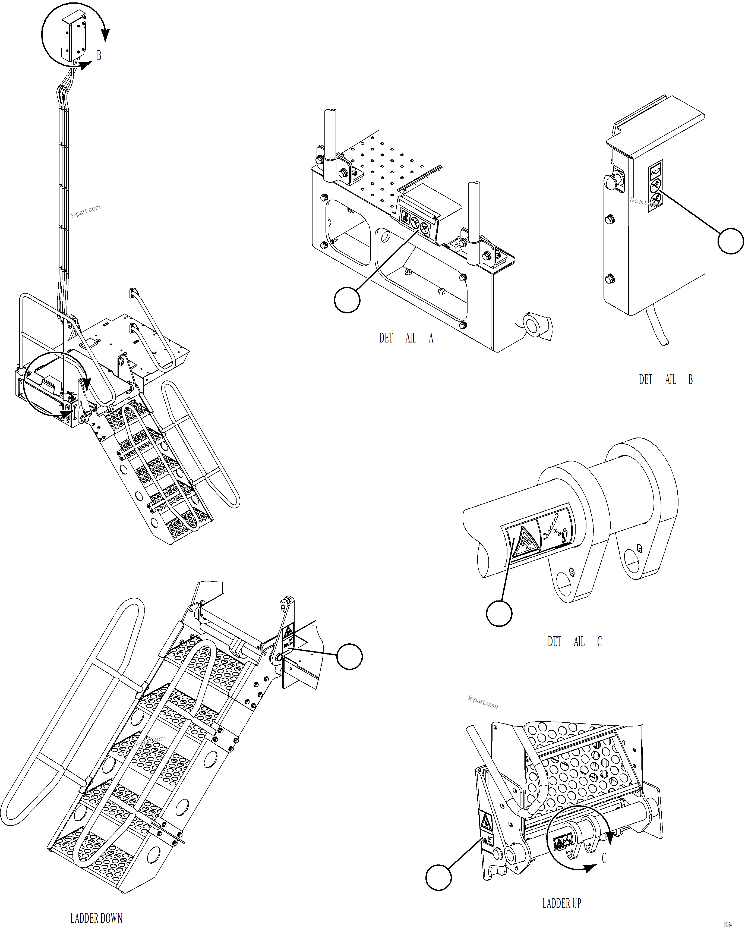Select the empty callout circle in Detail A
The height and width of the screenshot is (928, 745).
pyautogui.click(x=347, y=300)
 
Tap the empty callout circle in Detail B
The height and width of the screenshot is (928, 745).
pyautogui.click(x=730, y=241)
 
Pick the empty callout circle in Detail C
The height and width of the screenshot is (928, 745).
pyautogui.click(x=499, y=613)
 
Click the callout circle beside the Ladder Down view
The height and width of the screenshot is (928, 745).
pyautogui.click(x=349, y=656)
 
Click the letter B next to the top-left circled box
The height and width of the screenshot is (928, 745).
pyautogui.click(x=99, y=55)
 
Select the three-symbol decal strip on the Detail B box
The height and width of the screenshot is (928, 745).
pyautogui.click(x=655, y=185)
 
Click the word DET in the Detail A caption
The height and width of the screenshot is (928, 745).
pyautogui.click(x=386, y=338)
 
